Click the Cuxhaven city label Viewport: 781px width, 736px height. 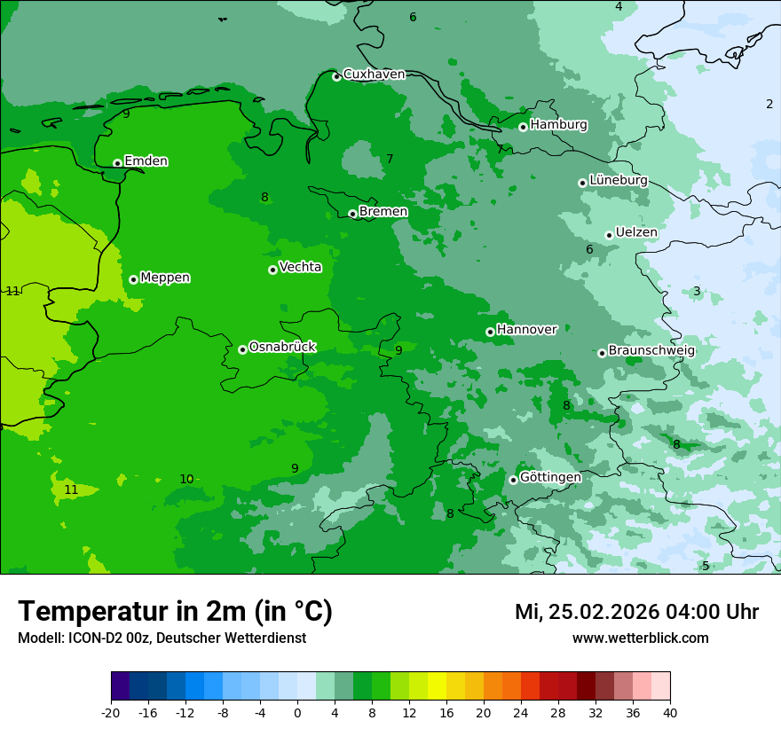coord(374,74)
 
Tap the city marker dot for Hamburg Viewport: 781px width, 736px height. coord(524,127)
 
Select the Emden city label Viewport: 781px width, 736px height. coord(146,161)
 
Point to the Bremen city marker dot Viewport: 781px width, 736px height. coord(352,214)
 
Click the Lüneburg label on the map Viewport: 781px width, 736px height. coord(618,180)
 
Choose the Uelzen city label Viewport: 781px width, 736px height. coord(636,232)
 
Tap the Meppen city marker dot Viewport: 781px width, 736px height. coord(134,279)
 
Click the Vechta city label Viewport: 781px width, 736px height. coord(300,267)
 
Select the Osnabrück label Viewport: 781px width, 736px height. coord(282,347)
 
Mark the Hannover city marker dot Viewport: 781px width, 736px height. coord(490,333)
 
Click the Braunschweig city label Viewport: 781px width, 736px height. coord(651,350)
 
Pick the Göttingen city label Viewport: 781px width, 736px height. coord(550,477)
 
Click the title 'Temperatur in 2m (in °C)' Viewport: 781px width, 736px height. coord(175,611)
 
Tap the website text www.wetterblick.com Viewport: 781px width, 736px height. coord(640,638)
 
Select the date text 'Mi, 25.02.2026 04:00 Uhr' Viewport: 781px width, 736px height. coord(636,612)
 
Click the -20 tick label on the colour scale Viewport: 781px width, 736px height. coord(110,712)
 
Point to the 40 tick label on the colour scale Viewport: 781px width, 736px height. coord(670,712)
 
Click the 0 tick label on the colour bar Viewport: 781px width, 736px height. coord(297,712)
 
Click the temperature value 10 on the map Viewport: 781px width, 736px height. coord(186,480)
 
